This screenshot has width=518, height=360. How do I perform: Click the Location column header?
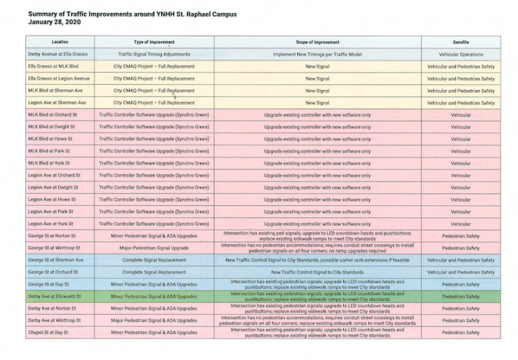click(x=60, y=42)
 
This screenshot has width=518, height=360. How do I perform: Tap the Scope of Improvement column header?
click(x=317, y=42)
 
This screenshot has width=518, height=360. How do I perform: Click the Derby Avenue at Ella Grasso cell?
click(x=56, y=54)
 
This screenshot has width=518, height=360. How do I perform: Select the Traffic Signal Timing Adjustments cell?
click(x=154, y=54)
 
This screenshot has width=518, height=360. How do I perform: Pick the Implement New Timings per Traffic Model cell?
click(x=317, y=54)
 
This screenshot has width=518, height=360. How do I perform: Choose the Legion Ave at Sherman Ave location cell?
click(x=57, y=103)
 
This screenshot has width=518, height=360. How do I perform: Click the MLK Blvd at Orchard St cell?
click(x=53, y=115)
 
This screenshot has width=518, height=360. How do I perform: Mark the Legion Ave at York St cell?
click(x=51, y=224)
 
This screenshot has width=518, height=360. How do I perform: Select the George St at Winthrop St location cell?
click(x=54, y=247)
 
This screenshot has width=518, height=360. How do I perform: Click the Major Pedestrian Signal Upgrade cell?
click(x=154, y=247)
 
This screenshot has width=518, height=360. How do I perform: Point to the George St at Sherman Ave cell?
click(x=55, y=259)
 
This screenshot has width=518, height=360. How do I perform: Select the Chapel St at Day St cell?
click(x=49, y=332)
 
